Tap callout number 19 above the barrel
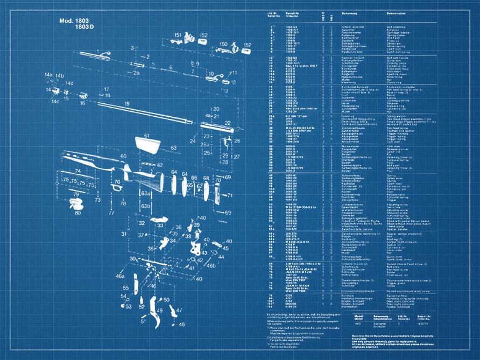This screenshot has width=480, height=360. pos(113,103)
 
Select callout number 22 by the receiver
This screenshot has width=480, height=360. pos(228,123)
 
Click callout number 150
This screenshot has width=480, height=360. pos(223,44)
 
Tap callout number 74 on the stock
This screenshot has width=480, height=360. pos(77,171)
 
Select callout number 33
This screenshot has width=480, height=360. pos(160,225)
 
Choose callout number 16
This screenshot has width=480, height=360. pos(82,103)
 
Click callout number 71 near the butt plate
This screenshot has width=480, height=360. pos(230,195)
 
